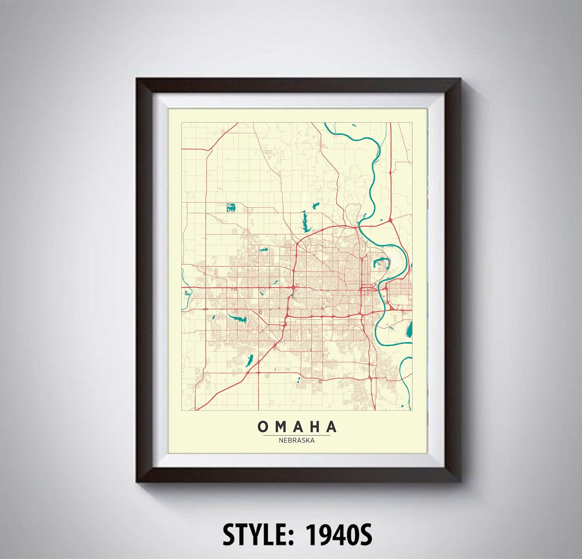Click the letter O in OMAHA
click(x=263, y=426)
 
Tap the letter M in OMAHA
click(x=280, y=426)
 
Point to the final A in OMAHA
click(x=331, y=426)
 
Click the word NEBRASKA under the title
click(x=296, y=440)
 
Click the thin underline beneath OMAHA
click(x=296, y=435)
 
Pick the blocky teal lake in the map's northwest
click(x=231, y=208)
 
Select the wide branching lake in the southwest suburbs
click(x=238, y=319)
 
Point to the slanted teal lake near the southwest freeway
click(x=250, y=360)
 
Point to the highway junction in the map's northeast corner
click(x=391, y=220)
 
